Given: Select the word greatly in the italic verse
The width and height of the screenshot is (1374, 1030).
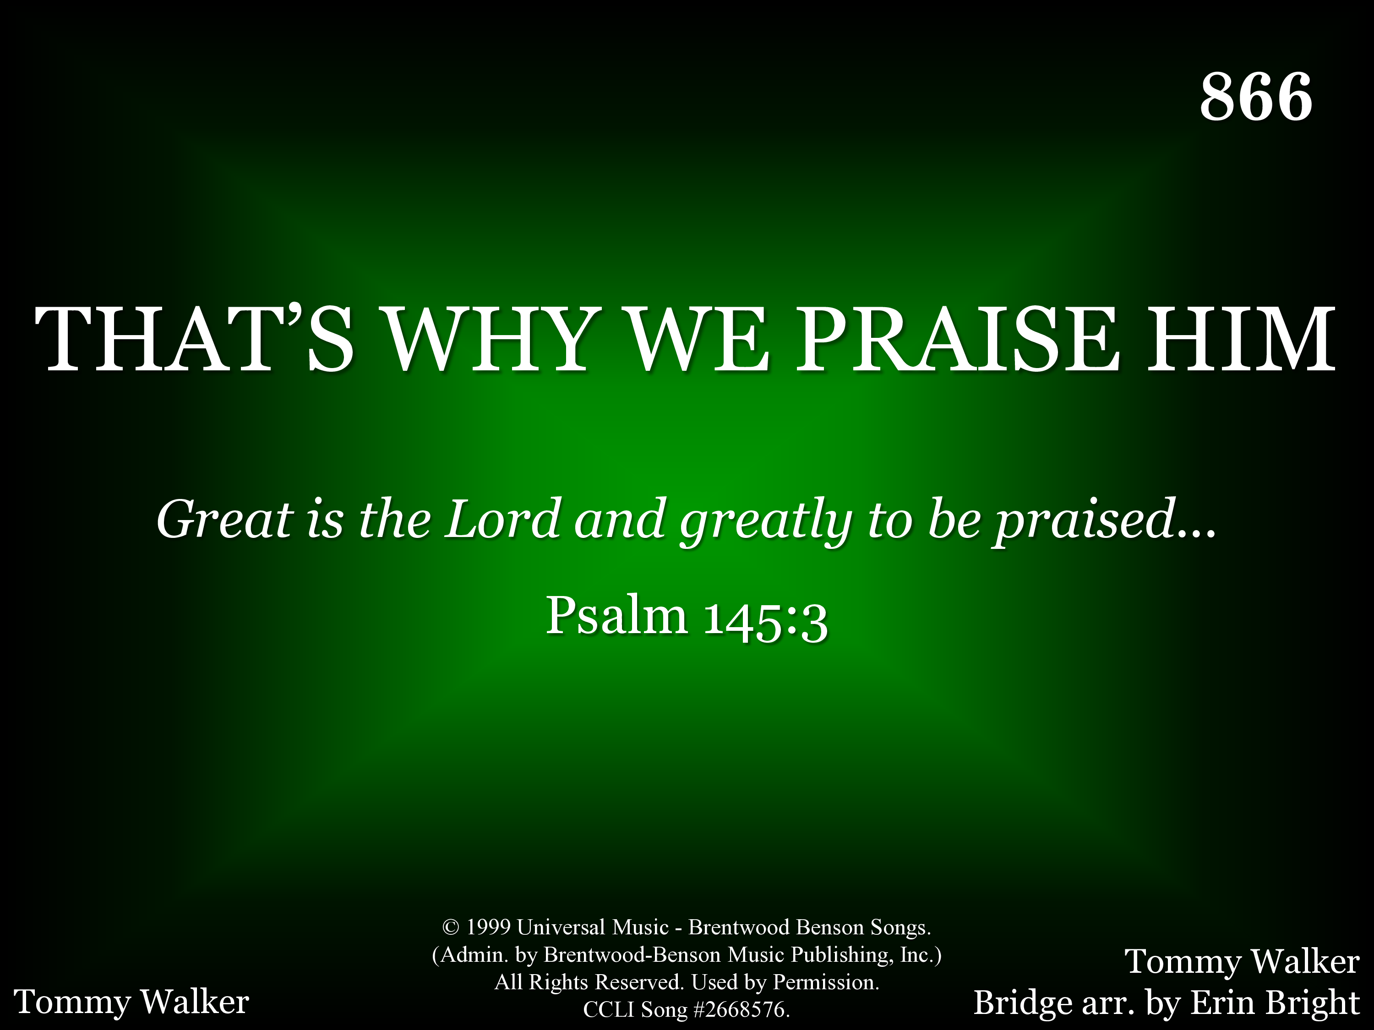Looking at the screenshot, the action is pyautogui.click(x=766, y=523).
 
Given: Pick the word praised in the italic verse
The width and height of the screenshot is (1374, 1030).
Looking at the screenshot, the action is pyautogui.click(x=1086, y=523).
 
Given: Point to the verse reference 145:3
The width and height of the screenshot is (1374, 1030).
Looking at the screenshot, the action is pyautogui.click(x=766, y=619).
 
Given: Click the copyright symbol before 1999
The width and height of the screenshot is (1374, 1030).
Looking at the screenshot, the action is pyautogui.click(x=450, y=927).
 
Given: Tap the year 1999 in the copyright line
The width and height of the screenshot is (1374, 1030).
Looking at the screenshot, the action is pyautogui.click(x=488, y=927).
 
